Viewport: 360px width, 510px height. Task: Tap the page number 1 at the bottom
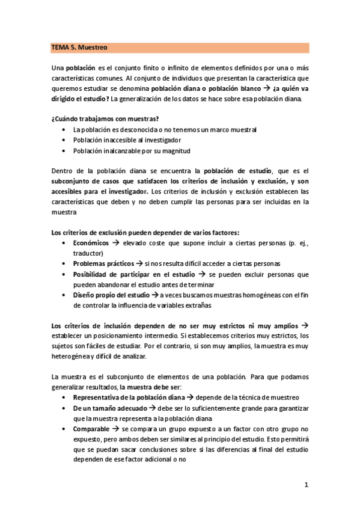(306, 484)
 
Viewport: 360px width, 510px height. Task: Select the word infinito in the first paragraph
(169, 68)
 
